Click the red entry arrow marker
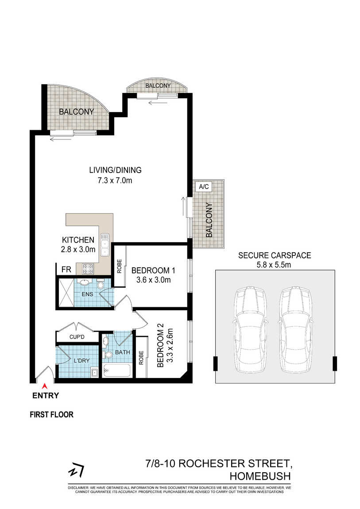[x=45, y=386]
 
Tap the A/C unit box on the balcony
[x=204, y=187]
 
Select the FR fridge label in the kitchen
[x=66, y=270]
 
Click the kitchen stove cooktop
[x=88, y=269]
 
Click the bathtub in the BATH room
[x=117, y=370]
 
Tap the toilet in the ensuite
[x=101, y=284]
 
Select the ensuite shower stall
[x=66, y=292]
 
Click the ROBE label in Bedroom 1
[x=119, y=266]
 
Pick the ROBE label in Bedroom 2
[x=141, y=358]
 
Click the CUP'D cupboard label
[x=77, y=337]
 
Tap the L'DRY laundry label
[x=81, y=360]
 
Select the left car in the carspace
[x=250, y=329]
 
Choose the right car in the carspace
[x=295, y=329]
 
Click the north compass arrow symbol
[x=76, y=470]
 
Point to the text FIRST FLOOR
[x=52, y=415]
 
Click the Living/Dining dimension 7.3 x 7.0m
[x=115, y=181]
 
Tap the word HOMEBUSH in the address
[x=260, y=476]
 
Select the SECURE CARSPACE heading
[x=275, y=255]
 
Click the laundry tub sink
[x=95, y=373]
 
